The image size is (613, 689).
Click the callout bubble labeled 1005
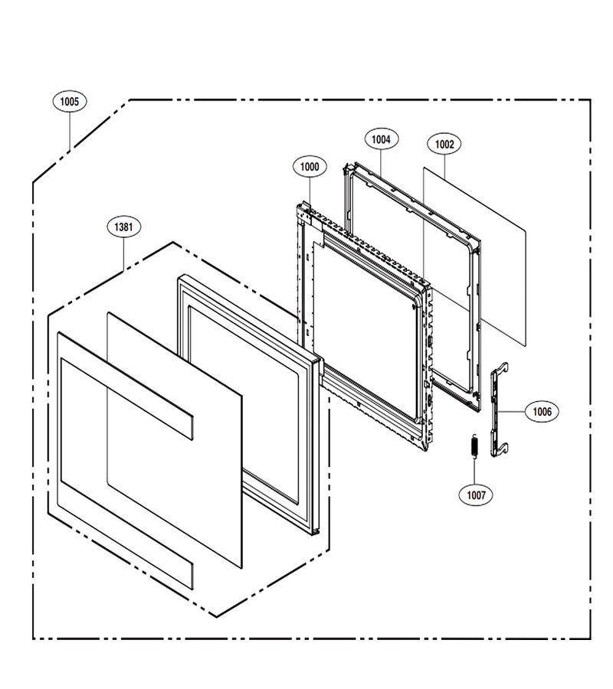click(x=70, y=102)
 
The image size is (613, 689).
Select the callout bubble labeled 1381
click(x=123, y=227)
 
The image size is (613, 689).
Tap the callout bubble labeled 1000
click(x=310, y=167)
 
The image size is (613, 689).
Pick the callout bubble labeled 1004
click(x=382, y=139)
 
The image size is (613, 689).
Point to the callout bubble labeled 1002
click(x=444, y=144)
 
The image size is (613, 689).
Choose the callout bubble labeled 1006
click(x=542, y=412)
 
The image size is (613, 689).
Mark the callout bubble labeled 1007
click(x=476, y=495)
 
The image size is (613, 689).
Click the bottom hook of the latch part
click(x=504, y=448)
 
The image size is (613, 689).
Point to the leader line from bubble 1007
click(x=474, y=472)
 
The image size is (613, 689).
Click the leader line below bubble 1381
click(x=124, y=254)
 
